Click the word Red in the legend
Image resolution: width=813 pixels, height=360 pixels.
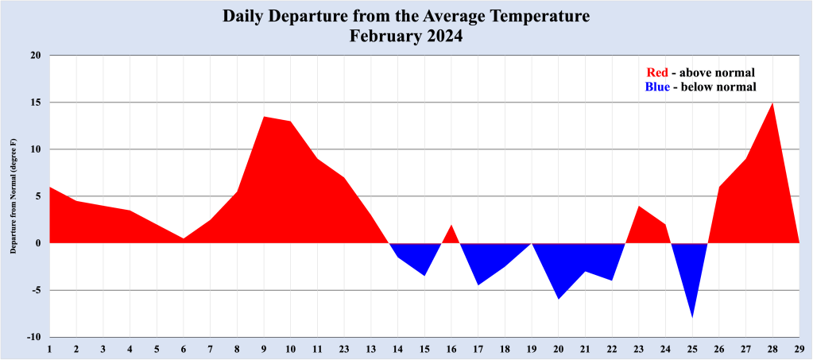pyautogui.click(x=657, y=72)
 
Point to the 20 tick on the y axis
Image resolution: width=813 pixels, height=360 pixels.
pyautogui.click(x=35, y=56)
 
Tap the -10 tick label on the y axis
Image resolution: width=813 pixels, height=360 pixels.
pyautogui.click(x=33, y=337)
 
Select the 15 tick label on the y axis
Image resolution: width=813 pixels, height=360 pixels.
pyautogui.click(x=35, y=103)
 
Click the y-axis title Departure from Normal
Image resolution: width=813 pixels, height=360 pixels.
pyautogui.click(x=14, y=195)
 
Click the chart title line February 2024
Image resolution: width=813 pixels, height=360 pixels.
pyautogui.click(x=406, y=36)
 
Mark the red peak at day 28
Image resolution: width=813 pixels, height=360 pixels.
pyautogui.click(x=772, y=103)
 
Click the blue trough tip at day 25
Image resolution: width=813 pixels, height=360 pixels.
pyautogui.click(x=692, y=316)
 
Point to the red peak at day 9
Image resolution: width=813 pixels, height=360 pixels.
pyautogui.click(x=264, y=117)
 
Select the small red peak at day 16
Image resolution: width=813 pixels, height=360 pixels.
pyautogui.click(x=451, y=226)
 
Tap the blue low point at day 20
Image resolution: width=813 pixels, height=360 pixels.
pyautogui.click(x=559, y=298)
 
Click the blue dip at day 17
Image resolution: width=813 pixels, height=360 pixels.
pyautogui.click(x=478, y=284)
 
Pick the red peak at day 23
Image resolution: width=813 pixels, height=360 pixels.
pyautogui.click(x=639, y=207)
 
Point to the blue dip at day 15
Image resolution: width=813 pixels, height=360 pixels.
pyautogui.click(x=425, y=275)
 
